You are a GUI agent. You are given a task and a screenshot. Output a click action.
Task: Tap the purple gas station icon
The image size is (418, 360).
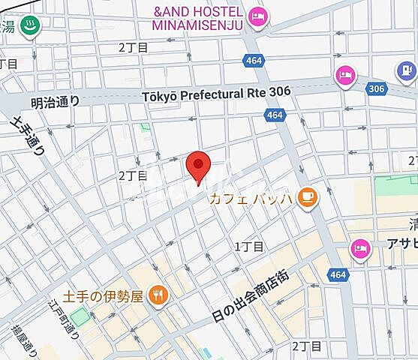(x=405, y=71)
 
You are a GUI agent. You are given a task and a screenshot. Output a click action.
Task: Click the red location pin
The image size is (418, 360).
(x=197, y=166)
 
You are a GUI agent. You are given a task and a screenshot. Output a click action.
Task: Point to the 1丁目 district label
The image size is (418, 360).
(x=248, y=246)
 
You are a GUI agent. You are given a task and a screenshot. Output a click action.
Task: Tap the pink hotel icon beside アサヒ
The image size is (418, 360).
(x=360, y=247)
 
